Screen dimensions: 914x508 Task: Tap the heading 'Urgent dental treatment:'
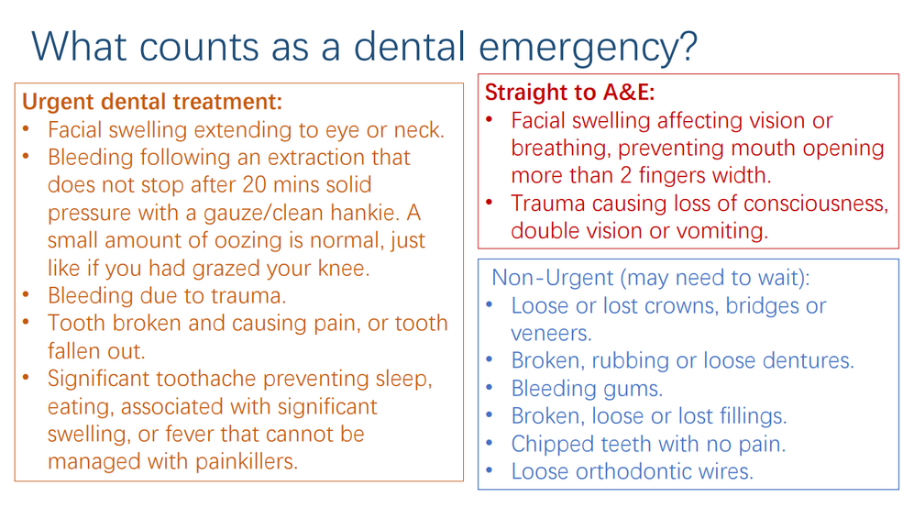[x=152, y=102]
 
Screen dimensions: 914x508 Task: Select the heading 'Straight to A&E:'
[x=570, y=92]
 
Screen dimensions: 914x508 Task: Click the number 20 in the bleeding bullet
[x=254, y=185]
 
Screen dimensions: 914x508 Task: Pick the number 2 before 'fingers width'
[x=625, y=175]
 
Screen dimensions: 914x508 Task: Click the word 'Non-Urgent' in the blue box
[x=553, y=278]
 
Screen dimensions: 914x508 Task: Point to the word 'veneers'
[x=549, y=333]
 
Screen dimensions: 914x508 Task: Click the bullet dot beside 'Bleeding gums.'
[x=489, y=387]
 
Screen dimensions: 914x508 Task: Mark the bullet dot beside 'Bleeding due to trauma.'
[x=26, y=294]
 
